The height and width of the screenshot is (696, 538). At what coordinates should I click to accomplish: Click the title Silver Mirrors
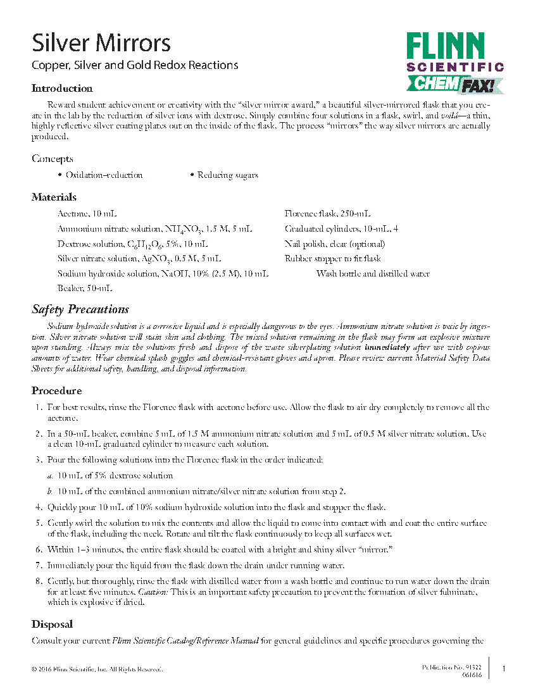click(x=101, y=43)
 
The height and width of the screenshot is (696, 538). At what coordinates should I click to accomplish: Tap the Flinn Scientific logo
click(x=454, y=62)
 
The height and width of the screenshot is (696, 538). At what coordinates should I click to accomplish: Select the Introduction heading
click(x=62, y=89)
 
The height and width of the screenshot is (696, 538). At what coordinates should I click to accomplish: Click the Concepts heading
click(x=53, y=159)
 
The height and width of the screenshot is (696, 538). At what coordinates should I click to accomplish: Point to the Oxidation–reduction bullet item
click(x=104, y=175)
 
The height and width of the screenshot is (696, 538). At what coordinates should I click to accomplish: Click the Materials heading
click(x=54, y=197)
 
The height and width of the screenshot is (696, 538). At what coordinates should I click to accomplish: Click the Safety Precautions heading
click(x=80, y=309)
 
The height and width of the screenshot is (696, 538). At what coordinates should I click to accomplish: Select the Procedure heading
click(x=57, y=391)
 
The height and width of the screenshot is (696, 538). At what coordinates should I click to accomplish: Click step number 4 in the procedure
click(x=39, y=507)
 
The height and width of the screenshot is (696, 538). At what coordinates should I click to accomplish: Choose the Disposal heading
click(x=53, y=625)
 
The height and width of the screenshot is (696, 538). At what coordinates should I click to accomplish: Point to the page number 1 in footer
click(x=504, y=669)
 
